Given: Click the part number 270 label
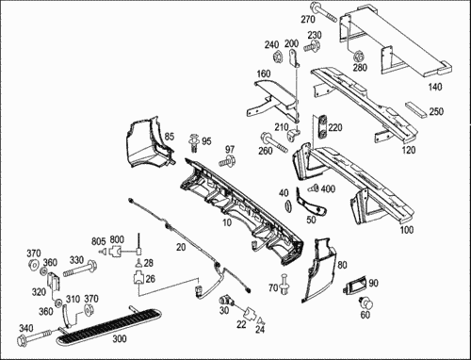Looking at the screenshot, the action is point(308,20).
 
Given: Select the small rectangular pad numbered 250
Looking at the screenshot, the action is point(415,108).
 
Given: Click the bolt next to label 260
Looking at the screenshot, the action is point(274,143).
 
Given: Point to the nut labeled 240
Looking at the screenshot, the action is point(278,57).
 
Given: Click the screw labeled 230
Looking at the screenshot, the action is point(312,46).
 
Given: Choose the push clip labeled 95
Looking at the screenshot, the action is point(194,143).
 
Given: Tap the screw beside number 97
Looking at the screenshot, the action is point(227,161).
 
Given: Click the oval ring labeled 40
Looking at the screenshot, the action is point(287,207).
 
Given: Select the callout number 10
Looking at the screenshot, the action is point(227,222).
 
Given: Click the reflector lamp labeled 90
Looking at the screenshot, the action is point(356,285).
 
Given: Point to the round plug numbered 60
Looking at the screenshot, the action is point(365,303).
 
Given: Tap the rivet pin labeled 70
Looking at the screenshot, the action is point(284,284).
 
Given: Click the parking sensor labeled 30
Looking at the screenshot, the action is point(226,301).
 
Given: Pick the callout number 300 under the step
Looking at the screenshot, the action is point(120,338).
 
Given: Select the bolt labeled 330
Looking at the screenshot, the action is point(80,269).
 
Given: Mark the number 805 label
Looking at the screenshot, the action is point(99,241).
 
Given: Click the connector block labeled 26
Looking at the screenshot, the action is point(138,278).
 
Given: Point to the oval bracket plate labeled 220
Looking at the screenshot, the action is point(322,127).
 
